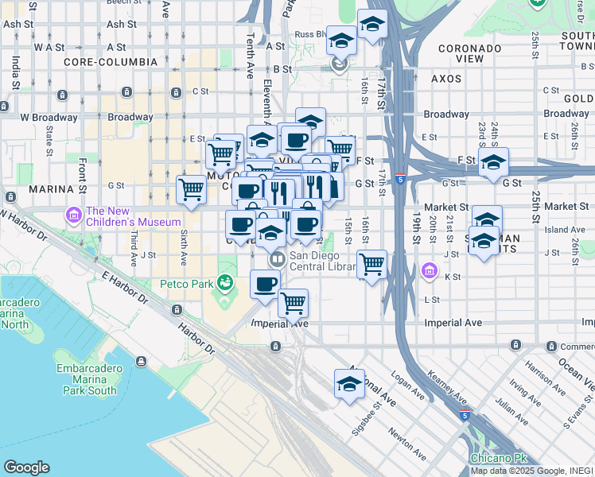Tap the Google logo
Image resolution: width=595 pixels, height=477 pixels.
point(26,467)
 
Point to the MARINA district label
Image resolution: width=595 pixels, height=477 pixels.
point(51,189)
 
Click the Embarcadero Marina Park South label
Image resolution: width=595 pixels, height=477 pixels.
point(87,379)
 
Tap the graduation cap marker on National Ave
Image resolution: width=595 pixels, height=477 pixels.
point(349,384)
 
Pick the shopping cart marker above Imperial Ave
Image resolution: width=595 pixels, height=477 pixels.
point(293,302)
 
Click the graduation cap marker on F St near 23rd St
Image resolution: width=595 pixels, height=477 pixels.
point(493,162)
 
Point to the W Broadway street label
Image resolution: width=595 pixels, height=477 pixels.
point(47,117)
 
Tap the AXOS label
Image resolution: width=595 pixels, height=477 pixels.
point(446,79)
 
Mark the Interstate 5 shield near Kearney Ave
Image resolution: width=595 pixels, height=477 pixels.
point(467,415)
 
